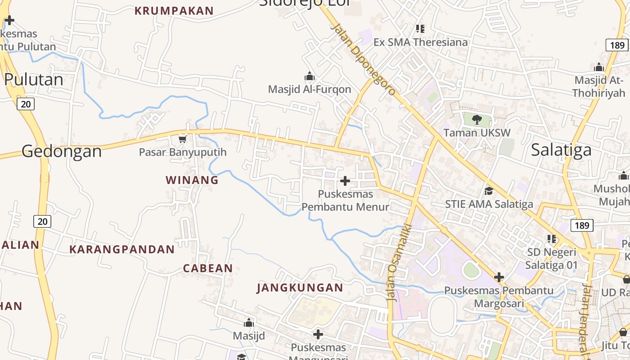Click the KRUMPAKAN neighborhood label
coord(174,11)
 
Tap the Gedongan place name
coord(62,151)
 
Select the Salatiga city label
coord(561,149)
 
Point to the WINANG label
coord(192,180)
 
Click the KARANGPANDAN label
coord(122,249)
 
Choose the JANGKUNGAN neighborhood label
coord(300,288)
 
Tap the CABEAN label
coord(208,269)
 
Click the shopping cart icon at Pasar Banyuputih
coord(182,139)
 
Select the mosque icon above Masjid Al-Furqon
coord(310,76)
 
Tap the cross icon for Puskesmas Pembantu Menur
coord(345,181)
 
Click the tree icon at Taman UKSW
coord(477,120)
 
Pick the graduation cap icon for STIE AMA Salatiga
coord(489,191)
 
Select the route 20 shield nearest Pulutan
coord(26,104)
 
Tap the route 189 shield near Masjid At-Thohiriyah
coord(617,45)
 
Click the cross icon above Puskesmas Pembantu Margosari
coord(499,277)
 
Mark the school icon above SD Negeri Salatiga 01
coord(552,239)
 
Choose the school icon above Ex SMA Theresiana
coord(420,29)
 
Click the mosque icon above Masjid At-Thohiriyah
coord(599,67)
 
